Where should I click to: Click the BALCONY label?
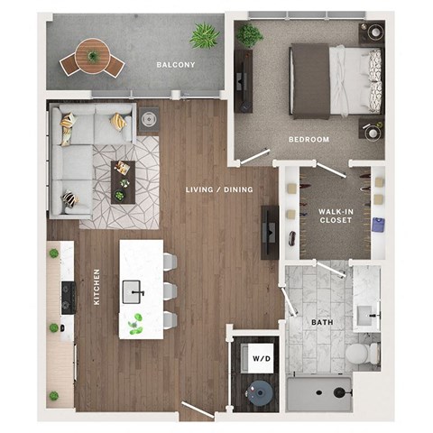[x=171, y=65]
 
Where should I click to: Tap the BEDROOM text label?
[x=309, y=140]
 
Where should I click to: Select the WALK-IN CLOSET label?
[x=335, y=216]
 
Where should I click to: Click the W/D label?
[x=261, y=358]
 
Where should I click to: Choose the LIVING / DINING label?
[x=218, y=189]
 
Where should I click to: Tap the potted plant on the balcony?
[x=205, y=36]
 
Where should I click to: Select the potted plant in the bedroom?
[x=249, y=35]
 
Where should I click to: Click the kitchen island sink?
[x=134, y=290]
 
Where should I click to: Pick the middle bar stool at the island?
[x=170, y=290]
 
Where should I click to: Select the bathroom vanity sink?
[x=370, y=315]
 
